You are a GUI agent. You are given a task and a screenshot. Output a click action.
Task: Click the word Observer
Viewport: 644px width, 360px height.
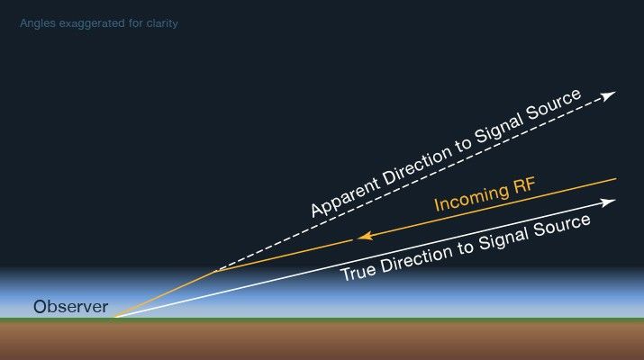pos(70,307)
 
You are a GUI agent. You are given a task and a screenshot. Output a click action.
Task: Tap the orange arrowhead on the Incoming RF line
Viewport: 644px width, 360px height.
pos(362,238)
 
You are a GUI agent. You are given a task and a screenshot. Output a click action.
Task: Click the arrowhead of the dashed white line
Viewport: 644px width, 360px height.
pos(610,94)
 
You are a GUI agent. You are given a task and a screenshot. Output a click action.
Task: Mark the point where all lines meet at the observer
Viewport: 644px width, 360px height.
pos(114,318)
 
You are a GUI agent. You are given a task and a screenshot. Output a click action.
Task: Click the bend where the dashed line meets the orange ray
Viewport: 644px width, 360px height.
pos(214,270)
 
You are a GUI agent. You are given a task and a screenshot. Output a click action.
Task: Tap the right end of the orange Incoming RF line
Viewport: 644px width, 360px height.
pos(615,179)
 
